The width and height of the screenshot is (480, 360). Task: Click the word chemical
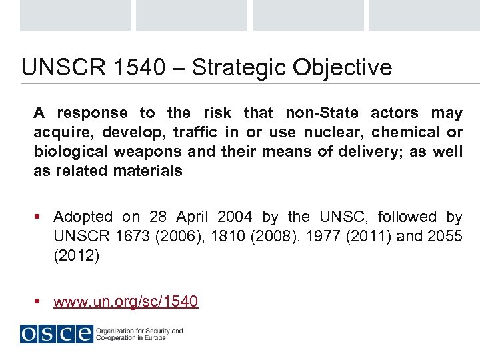tap(405, 132)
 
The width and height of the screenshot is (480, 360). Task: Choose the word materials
tap(147, 171)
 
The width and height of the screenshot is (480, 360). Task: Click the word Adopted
tap(83, 217)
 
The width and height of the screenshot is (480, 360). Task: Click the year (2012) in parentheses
tap(76, 255)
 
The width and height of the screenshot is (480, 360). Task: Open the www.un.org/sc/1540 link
tap(125, 301)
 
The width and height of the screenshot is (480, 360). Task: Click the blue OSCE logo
tap(56, 333)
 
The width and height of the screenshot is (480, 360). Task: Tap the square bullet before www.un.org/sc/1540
tap(39, 302)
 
